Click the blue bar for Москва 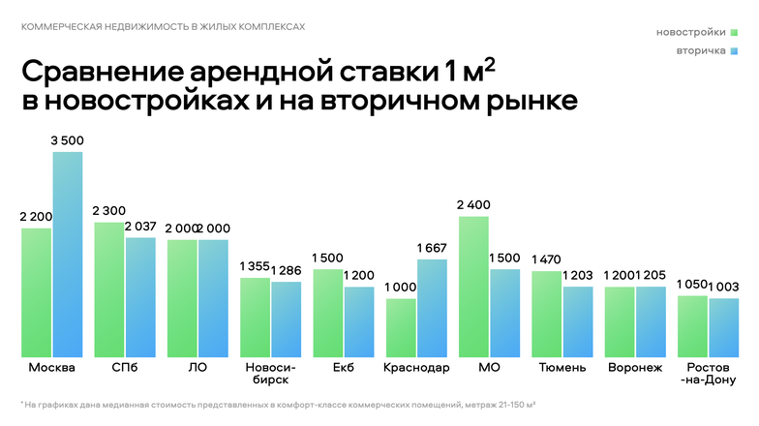tap(68, 254)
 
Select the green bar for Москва tap(37, 292)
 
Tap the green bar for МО tap(473, 287)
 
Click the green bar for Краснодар tap(401, 327)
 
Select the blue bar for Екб tap(359, 321)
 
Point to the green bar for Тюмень tap(547, 314)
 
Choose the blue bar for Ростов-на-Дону tap(723, 327)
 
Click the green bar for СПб tap(109, 289)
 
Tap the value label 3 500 tap(68, 141)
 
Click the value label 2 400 tap(473, 205)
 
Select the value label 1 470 tap(547, 259)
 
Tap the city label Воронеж tap(635, 368)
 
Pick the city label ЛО tap(197, 368)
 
